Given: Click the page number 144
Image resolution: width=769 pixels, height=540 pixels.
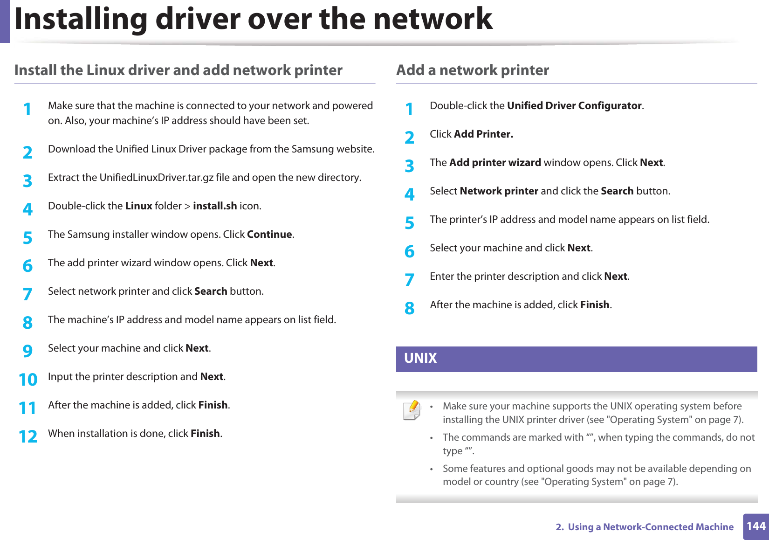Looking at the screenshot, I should [755, 526].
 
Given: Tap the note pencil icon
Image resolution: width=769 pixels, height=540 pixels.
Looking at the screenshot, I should [412, 410].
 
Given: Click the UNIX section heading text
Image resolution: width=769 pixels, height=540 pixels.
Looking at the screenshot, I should [420, 358].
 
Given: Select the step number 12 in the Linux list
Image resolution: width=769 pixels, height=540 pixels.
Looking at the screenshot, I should [28, 436].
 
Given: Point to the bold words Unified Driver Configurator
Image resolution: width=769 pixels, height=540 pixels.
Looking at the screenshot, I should [574, 106].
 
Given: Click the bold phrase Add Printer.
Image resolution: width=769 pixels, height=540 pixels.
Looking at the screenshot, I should [483, 134].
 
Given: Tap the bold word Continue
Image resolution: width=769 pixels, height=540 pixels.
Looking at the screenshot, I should [269, 235].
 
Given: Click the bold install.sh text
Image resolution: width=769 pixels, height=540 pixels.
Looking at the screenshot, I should [215, 206].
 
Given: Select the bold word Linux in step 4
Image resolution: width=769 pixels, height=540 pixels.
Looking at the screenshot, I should [139, 206].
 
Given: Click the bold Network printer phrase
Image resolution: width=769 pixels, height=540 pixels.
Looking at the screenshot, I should [499, 191].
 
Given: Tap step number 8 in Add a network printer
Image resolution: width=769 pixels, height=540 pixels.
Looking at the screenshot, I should [410, 308].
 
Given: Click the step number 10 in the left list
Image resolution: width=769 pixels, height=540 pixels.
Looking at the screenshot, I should [28, 380].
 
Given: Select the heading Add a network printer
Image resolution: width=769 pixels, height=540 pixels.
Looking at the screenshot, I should [473, 70].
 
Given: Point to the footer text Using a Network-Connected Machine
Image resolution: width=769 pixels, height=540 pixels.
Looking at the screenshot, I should [651, 527].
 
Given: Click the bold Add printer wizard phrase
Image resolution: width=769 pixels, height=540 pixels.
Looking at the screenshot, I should [495, 163].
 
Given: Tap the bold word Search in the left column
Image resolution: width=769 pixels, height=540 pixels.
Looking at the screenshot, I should [211, 291].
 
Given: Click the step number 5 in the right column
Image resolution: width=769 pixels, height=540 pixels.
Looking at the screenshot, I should [410, 222].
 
